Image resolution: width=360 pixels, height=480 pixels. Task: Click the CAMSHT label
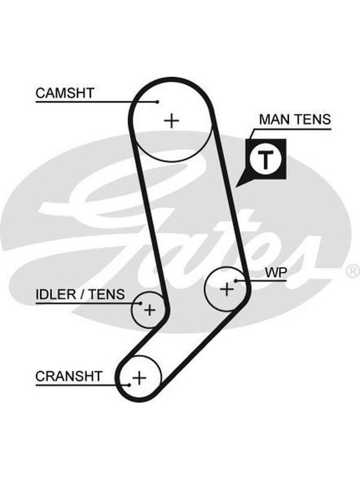click(65, 93)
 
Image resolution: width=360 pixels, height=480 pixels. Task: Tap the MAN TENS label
click(295, 119)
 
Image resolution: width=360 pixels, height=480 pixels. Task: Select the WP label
click(276, 272)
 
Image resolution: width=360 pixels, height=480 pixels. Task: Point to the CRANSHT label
click(68, 376)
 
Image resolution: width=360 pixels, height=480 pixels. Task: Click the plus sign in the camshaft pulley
click(172, 121)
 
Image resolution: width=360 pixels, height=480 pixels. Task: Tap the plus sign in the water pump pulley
click(227, 289)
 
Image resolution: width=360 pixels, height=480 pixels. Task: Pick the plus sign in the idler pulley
click(149, 310)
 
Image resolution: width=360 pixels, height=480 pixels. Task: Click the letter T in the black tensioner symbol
click(265, 159)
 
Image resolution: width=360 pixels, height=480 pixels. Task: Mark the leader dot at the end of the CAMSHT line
click(158, 101)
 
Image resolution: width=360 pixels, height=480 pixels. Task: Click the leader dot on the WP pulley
click(236, 280)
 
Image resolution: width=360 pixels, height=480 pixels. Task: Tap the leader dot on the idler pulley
click(140, 304)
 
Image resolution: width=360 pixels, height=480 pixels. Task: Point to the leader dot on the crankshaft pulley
click(130, 385)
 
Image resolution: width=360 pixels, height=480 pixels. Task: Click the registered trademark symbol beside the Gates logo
click(353, 271)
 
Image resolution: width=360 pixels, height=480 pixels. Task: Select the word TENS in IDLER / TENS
click(107, 295)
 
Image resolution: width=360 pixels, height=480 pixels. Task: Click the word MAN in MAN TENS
click(272, 119)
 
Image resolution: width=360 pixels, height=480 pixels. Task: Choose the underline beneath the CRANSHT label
click(83, 385)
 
